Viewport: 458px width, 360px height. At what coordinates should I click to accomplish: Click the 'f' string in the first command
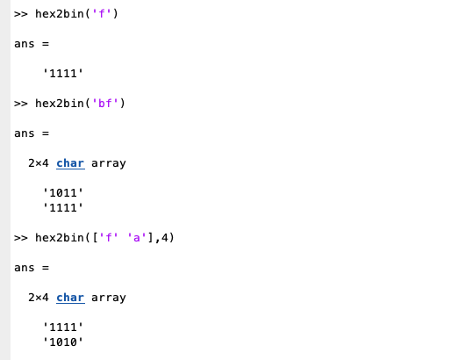[x=102, y=14]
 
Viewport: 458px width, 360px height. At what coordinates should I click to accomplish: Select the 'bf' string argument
[x=105, y=104]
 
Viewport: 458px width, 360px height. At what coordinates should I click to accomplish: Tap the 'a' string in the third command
[x=137, y=238]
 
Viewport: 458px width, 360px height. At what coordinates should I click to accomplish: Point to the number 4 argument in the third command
[x=165, y=238]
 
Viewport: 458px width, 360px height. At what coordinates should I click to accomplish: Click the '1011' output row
[x=63, y=193]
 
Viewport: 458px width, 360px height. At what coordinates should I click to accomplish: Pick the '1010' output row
[x=63, y=342]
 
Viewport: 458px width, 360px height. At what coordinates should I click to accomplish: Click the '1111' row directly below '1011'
[x=63, y=208]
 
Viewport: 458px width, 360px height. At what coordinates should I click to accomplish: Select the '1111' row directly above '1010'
[x=63, y=328]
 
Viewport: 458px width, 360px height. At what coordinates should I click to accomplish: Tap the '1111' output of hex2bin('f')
[x=63, y=74]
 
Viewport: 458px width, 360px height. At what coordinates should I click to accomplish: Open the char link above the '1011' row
[x=70, y=163]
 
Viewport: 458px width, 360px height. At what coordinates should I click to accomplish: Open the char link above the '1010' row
[x=70, y=298]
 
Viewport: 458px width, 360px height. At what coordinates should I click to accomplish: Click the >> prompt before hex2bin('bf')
[x=21, y=104]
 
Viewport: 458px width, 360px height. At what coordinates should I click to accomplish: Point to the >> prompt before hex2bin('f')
[x=21, y=14]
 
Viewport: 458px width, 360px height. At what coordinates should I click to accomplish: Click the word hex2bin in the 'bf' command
[x=60, y=104]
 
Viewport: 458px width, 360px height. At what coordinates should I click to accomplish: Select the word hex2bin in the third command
[x=60, y=238]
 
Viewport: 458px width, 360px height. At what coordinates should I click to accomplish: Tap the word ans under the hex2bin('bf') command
[x=25, y=133]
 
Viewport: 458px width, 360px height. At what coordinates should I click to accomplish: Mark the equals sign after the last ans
[x=46, y=268]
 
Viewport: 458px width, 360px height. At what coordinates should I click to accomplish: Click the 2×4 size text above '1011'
[x=39, y=163]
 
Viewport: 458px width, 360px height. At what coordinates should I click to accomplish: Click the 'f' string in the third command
[x=109, y=238]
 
